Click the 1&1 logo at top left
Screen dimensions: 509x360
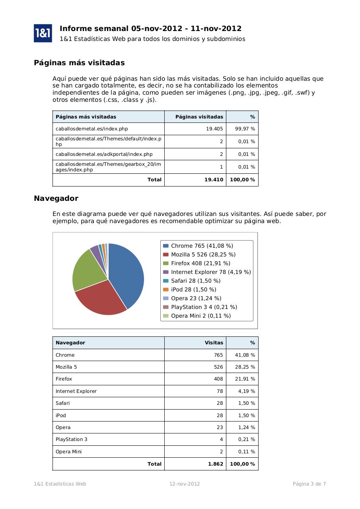(x=43, y=33)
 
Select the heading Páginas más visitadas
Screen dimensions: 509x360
(x=79, y=63)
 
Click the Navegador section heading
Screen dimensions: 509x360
(x=56, y=198)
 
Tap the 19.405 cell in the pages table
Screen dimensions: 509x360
(x=214, y=129)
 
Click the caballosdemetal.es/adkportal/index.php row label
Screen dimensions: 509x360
(x=104, y=154)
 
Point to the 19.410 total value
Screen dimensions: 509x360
(x=214, y=180)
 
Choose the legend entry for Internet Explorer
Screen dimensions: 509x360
(x=210, y=272)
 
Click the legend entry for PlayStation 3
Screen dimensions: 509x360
(x=204, y=307)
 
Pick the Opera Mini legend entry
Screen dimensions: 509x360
(x=200, y=316)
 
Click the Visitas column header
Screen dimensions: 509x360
(x=214, y=343)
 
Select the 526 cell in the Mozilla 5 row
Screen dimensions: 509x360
(x=218, y=367)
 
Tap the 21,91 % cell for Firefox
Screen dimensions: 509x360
(x=245, y=379)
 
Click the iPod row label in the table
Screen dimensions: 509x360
(x=61, y=415)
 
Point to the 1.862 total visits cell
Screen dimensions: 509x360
(x=215, y=464)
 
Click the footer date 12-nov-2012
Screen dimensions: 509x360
(x=185, y=484)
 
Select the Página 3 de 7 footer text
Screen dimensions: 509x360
(x=309, y=484)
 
